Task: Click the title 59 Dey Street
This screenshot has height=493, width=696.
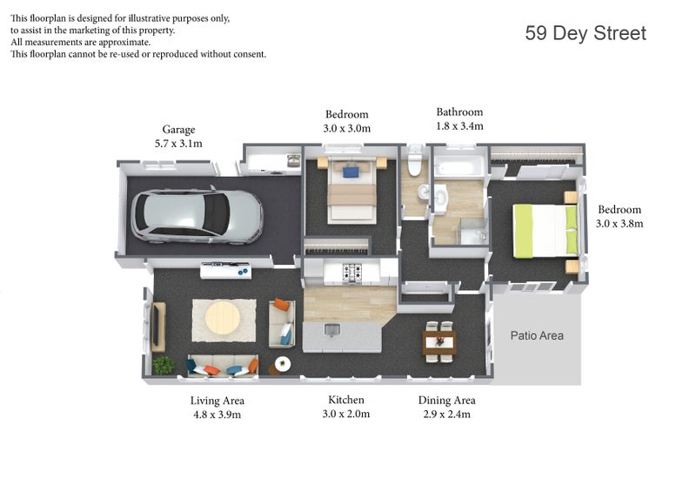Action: point(586,33)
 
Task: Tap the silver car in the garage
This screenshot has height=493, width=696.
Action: point(197,217)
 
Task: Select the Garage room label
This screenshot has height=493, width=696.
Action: point(178,130)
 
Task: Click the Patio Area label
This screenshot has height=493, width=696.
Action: point(537,335)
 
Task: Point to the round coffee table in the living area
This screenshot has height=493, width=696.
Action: point(223,318)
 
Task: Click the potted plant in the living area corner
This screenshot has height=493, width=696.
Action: point(164,365)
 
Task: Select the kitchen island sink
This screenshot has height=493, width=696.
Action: point(331,330)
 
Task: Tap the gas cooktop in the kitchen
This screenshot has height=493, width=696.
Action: point(352,272)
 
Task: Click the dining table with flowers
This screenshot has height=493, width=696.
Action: point(439,341)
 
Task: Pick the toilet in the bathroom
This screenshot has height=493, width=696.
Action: point(415,161)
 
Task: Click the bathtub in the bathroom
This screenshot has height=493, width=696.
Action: point(455,168)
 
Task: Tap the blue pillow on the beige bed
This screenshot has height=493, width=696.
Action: point(351,172)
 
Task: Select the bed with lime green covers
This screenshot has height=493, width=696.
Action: point(545,230)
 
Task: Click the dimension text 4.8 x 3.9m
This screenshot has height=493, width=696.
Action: point(217,415)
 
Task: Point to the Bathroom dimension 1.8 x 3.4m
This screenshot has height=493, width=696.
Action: point(459,126)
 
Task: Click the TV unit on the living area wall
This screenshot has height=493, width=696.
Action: point(158,327)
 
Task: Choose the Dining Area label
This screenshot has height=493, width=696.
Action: point(446,400)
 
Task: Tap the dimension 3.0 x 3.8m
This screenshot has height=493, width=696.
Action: point(619,224)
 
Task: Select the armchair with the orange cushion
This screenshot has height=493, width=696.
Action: point(282,323)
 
